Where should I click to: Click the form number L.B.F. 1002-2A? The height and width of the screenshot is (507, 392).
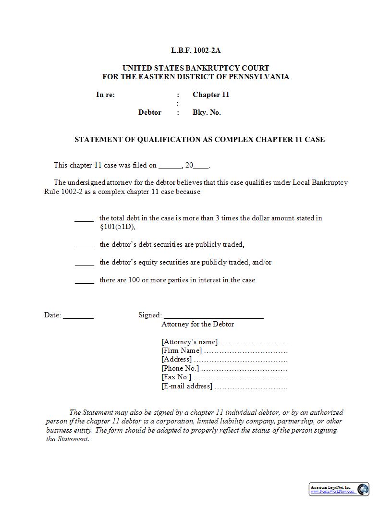(196, 50)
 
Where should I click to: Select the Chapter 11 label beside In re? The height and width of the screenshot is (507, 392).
(211, 95)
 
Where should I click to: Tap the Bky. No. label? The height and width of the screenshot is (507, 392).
(207, 112)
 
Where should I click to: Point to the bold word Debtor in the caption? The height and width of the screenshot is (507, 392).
(150, 112)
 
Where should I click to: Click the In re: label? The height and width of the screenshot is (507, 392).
(105, 95)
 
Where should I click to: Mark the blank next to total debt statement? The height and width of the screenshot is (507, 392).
(84, 219)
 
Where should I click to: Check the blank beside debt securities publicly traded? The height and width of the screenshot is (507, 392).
(84, 245)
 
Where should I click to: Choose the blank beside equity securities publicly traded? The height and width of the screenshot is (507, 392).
(84, 263)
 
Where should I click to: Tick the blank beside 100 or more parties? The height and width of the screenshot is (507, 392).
(84, 281)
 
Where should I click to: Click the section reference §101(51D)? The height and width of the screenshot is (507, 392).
(117, 227)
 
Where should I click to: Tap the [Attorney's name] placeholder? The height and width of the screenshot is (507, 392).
(190, 342)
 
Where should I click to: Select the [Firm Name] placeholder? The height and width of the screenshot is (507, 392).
(182, 351)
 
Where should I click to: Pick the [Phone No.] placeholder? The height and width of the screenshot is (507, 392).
(180, 369)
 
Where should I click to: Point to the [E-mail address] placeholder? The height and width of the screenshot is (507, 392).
(187, 386)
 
